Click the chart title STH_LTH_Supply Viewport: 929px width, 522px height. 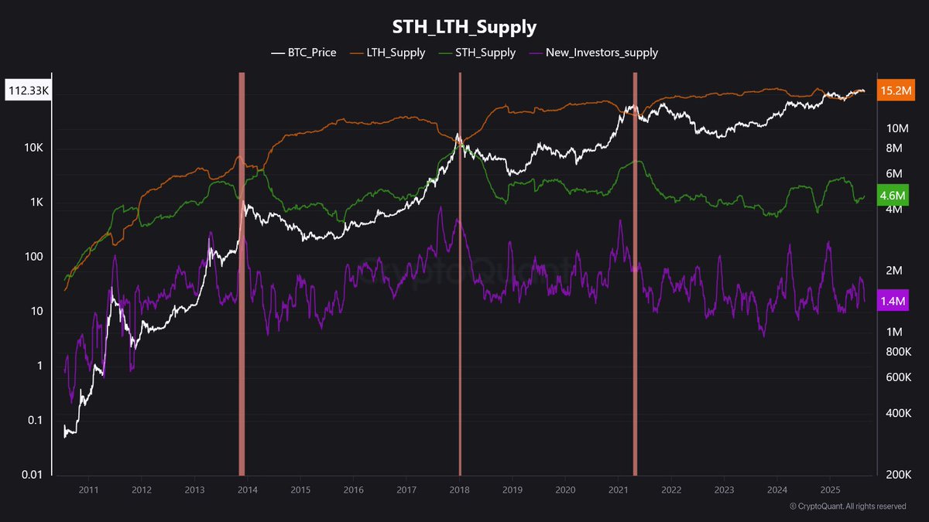pos(464,26)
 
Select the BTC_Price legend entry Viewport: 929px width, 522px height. pos(303,53)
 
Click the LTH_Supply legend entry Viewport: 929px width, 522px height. pos(390,53)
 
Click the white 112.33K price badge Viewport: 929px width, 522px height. pos(29,90)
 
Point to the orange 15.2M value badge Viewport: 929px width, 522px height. pos(895,90)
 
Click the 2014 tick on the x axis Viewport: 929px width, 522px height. pos(247,490)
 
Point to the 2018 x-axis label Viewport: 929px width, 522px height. pos(459,490)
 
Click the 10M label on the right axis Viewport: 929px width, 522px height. pos(897,128)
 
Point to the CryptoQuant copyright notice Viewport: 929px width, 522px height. pos(847,507)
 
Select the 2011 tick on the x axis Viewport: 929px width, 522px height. pos(87,490)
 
